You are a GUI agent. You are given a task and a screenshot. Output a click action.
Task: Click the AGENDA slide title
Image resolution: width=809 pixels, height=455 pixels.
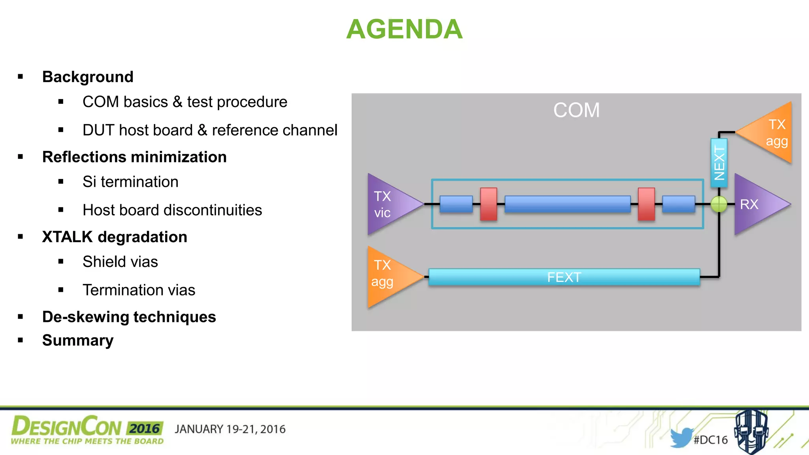pyautogui.click(x=404, y=29)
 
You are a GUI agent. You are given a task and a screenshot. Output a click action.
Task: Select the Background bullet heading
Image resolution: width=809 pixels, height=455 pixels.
pyautogui.click(x=88, y=77)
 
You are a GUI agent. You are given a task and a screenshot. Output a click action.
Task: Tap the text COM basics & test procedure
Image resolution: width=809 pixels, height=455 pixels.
pyautogui.click(x=184, y=102)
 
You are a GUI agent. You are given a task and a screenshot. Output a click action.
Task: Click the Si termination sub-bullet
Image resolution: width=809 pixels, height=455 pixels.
pyautogui.click(x=130, y=182)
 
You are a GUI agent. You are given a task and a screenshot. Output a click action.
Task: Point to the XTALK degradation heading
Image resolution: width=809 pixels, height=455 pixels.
pyautogui.click(x=115, y=237)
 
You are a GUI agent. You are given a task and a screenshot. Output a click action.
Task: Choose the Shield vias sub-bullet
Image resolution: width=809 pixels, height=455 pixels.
pyautogui.click(x=120, y=262)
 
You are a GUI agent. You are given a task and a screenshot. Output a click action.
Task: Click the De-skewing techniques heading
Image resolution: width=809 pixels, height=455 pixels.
pyautogui.click(x=129, y=317)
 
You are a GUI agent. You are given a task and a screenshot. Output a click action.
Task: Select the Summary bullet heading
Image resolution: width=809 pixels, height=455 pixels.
pyautogui.click(x=78, y=340)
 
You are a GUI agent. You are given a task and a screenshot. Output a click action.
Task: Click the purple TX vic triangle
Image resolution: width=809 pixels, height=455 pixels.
pyautogui.click(x=389, y=204)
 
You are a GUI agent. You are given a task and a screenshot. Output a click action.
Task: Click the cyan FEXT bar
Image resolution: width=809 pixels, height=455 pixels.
pyautogui.click(x=564, y=277)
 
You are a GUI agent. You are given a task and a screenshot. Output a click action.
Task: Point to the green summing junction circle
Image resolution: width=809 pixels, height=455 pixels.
pyautogui.click(x=719, y=204)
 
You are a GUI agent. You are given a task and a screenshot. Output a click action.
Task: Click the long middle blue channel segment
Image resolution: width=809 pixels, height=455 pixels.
pyautogui.click(x=567, y=204)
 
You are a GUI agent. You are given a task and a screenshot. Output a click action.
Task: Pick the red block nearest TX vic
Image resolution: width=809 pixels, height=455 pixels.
pyautogui.click(x=489, y=204)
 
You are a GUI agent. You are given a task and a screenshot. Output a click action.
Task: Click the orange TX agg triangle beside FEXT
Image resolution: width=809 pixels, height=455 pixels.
pyautogui.click(x=389, y=276)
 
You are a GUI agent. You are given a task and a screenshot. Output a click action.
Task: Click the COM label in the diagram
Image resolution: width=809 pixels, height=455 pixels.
pyautogui.click(x=576, y=110)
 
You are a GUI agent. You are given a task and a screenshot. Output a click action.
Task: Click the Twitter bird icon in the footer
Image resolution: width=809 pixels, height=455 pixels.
pyautogui.click(x=681, y=437)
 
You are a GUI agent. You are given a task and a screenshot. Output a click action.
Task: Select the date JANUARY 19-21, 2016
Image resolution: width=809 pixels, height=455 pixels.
pyautogui.click(x=230, y=429)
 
